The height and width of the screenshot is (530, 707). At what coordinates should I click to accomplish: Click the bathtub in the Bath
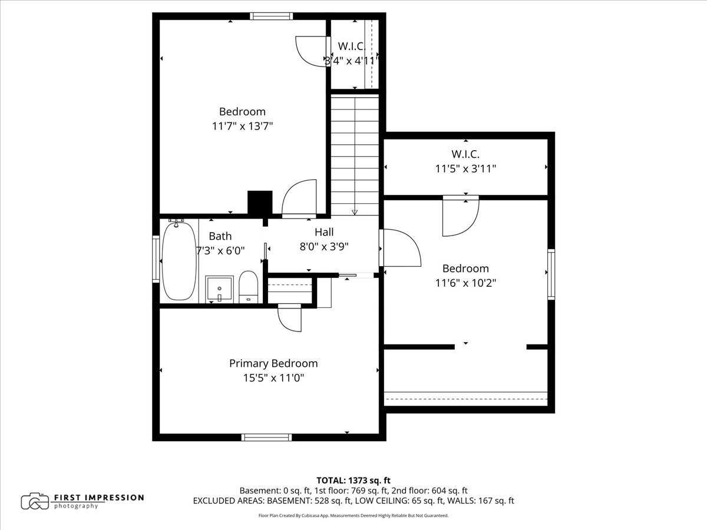pos(179,261)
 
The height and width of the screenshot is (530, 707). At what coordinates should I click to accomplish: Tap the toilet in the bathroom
pos(249,287)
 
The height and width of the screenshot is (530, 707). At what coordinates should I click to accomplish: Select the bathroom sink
pos(219,289)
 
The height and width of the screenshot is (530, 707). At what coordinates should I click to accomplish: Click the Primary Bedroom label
pos(273,363)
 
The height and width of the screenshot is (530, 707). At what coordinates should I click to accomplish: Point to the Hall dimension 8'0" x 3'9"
pos(324,247)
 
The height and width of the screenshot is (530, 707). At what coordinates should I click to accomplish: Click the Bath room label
pos(220,236)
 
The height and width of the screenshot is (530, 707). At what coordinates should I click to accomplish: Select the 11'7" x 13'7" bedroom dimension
pos(242,126)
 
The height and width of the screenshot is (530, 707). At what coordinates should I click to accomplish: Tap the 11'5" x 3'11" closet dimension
pos(465,168)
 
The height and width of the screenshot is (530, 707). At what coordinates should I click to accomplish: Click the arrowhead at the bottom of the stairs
pos(355,212)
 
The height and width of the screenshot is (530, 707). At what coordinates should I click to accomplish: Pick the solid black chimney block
pos(260,203)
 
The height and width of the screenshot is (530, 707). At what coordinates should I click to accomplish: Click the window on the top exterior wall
pos(272,16)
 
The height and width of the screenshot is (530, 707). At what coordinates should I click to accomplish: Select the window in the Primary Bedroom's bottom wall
pos(267,438)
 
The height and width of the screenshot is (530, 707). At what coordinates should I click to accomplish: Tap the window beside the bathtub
pos(156,259)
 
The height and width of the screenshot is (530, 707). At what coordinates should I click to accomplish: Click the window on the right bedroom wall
pos(551,274)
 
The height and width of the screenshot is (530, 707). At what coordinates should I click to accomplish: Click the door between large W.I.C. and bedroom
pos(461,216)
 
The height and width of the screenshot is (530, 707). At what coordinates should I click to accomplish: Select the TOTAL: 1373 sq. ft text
pos(353,481)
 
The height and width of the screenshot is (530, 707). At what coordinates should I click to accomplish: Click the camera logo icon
pos(35,501)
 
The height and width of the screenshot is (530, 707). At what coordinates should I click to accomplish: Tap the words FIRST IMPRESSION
pos(99,498)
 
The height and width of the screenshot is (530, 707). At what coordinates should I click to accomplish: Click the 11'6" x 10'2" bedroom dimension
pos(465,283)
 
